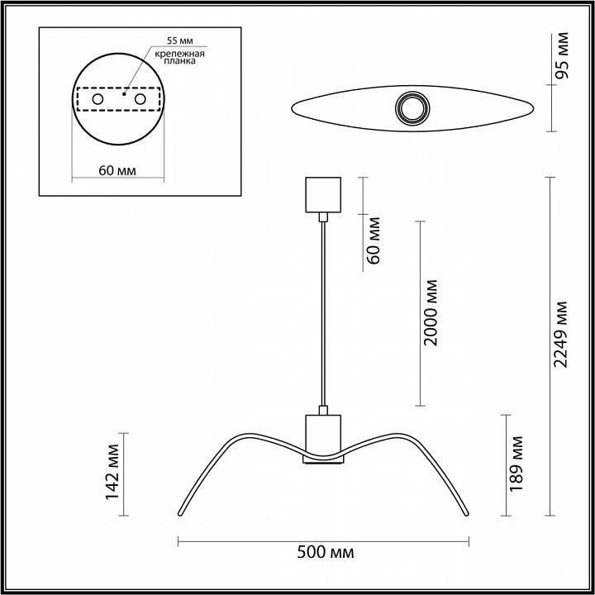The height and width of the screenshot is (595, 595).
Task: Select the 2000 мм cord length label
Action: point(430,313)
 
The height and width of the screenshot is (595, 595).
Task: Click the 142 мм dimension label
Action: point(114,473)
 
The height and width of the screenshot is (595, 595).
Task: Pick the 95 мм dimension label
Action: point(563,57)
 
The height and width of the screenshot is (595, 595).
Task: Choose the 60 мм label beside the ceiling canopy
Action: point(374,238)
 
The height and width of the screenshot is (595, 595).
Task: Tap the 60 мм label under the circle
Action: point(117,170)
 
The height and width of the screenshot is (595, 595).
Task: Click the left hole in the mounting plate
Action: point(98,99)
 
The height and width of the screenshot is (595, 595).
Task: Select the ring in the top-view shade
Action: point(411,107)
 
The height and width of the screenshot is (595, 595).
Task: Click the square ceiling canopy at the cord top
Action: point(322,195)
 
